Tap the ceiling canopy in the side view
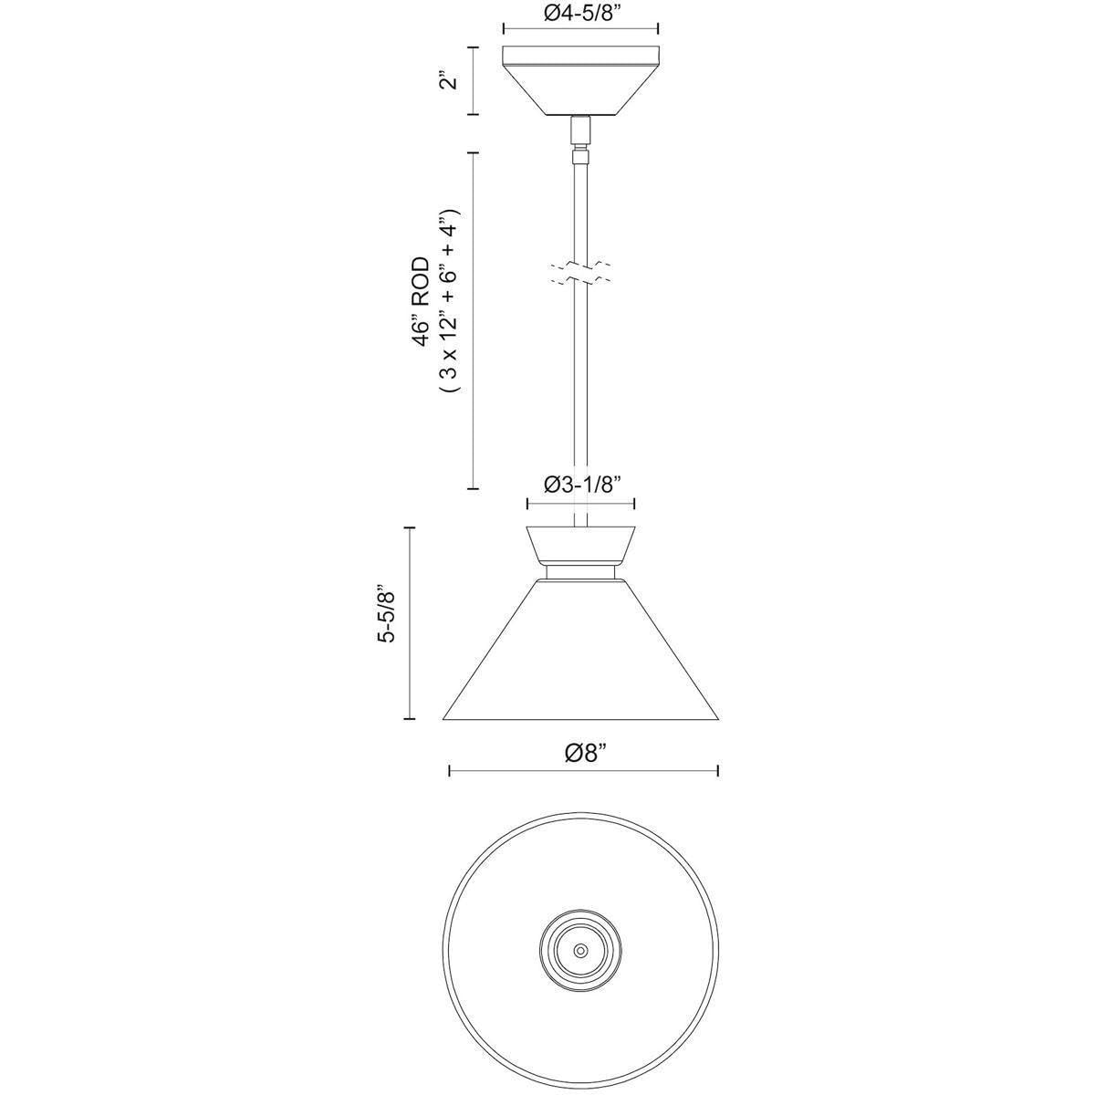[580, 80]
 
